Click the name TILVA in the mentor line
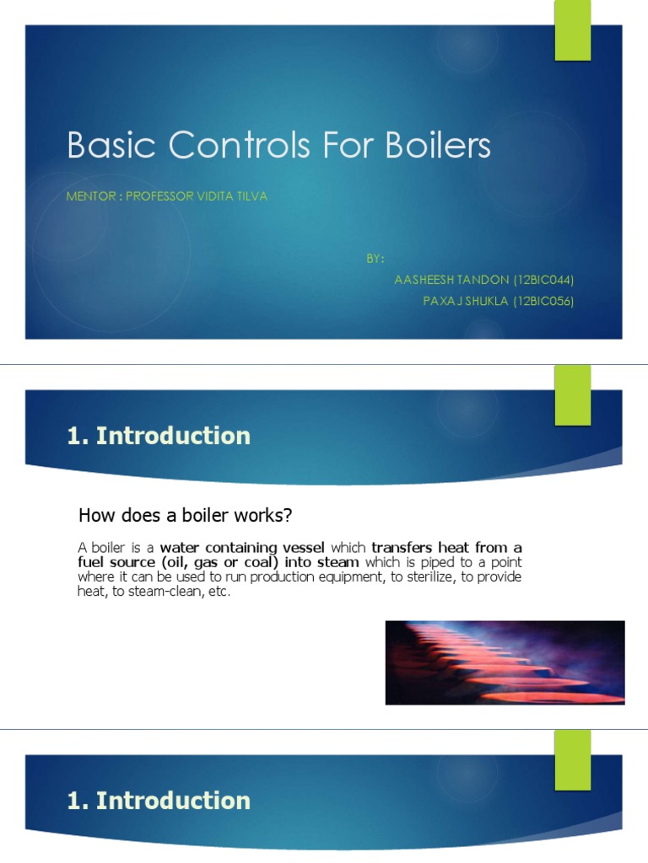[x=251, y=196]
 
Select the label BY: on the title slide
[x=375, y=258]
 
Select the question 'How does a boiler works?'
[x=184, y=513]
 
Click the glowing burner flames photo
[x=505, y=662]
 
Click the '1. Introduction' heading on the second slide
[x=159, y=436]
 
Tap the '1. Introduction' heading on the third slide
[x=159, y=800]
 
